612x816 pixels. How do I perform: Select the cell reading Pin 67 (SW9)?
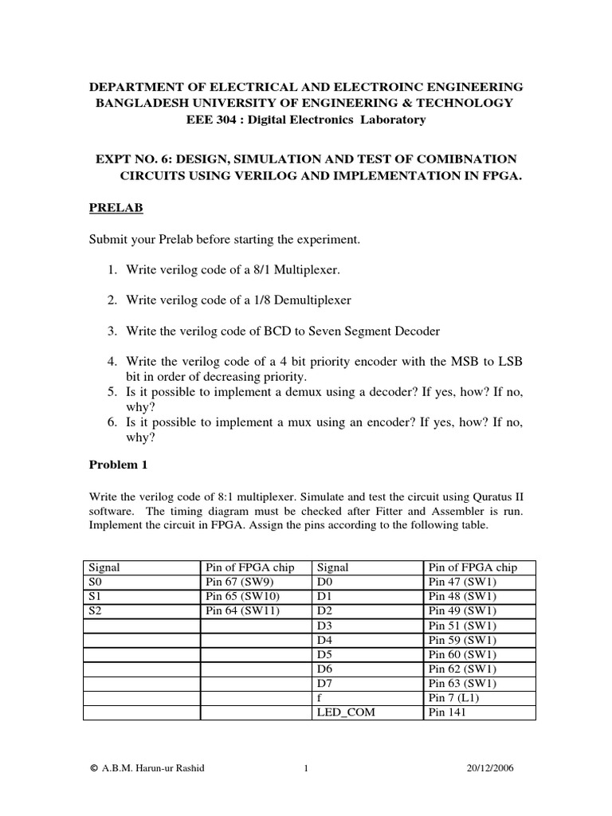[241, 581]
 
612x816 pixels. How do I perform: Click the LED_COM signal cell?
[345, 712]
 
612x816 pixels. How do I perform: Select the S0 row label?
[96, 581]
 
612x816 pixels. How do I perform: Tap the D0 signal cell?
[324, 581]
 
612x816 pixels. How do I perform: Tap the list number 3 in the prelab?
[112, 331]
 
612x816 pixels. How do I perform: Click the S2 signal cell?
[96, 610]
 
